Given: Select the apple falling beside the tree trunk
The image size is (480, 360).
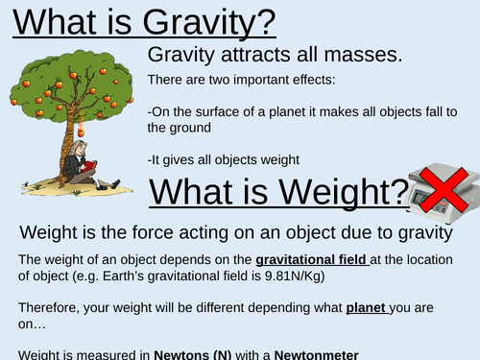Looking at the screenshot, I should click(82, 131).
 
